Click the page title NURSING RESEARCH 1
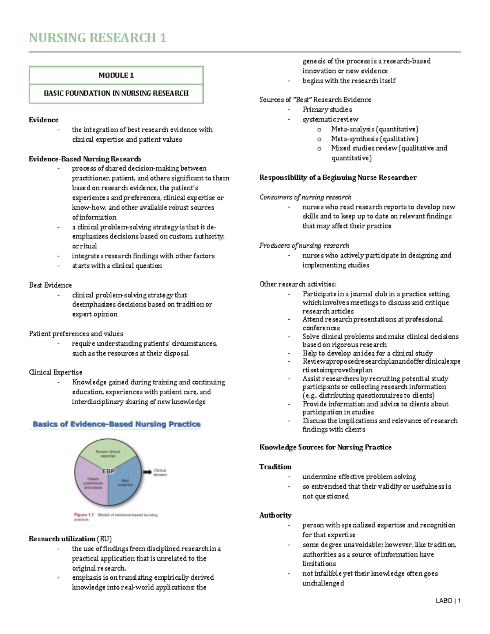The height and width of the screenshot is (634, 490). (98, 38)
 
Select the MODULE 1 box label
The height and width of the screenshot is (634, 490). (116, 75)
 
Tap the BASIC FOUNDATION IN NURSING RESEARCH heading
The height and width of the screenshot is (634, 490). (116, 93)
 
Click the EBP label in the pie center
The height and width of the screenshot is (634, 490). (108, 471)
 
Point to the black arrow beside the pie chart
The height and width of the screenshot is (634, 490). (147, 472)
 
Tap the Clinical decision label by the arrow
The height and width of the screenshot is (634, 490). (160, 472)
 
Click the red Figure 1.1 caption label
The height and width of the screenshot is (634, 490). (84, 515)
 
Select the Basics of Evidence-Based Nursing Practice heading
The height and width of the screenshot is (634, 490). (116, 424)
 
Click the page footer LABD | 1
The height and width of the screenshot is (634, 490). (448, 601)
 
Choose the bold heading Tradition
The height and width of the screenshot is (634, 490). (275, 467)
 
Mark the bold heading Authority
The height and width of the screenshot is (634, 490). (275, 515)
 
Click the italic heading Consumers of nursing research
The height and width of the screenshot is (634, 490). (305, 197)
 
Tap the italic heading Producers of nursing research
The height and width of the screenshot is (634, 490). (304, 245)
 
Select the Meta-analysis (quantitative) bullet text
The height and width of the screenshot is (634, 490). (374, 129)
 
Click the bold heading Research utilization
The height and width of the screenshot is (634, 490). (62, 539)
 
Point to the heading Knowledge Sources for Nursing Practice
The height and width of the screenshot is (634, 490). (325, 447)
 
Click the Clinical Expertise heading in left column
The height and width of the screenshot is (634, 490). (56, 372)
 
